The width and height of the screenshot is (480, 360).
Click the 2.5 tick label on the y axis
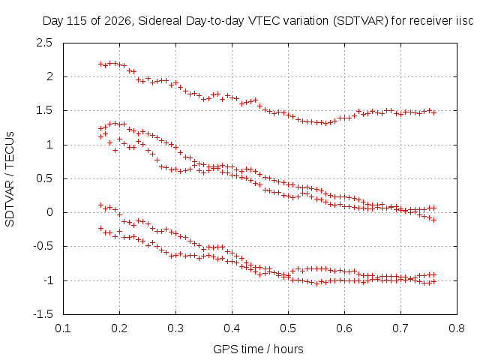(44, 43)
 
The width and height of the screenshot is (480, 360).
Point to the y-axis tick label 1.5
(44, 110)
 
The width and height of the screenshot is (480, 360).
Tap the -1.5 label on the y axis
(43, 314)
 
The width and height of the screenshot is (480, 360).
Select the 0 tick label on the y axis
(49, 212)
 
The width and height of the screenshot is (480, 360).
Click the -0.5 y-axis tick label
(43, 246)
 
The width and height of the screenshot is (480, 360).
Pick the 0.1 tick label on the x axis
(63, 328)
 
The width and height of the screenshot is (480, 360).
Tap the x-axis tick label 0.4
(232, 328)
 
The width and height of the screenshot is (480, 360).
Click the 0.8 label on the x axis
(457, 328)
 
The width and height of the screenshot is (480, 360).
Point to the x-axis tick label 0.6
(344, 328)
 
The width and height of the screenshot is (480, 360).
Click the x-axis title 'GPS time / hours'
(258, 349)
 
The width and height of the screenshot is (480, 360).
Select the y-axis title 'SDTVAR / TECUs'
(10, 179)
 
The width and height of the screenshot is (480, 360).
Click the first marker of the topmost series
(100, 64)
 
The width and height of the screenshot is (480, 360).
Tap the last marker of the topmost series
(433, 112)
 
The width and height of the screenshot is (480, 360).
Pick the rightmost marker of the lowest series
(433, 282)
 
